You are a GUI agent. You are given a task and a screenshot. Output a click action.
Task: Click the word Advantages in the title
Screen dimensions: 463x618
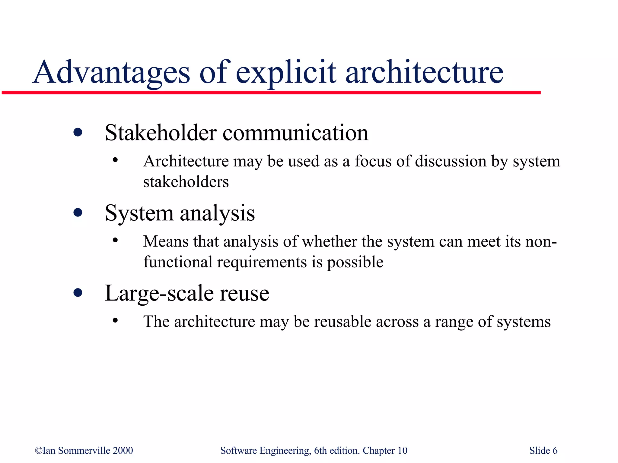pos(111,72)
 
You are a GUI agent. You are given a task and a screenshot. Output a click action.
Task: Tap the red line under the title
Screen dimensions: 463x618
pos(272,93)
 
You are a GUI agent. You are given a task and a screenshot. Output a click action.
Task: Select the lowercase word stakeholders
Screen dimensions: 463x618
pos(186,182)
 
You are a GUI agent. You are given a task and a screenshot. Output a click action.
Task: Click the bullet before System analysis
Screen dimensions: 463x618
pos(78,213)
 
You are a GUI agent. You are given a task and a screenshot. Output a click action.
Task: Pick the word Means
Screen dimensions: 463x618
pos(166,241)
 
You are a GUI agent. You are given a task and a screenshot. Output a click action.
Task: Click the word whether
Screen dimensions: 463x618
pos(330,241)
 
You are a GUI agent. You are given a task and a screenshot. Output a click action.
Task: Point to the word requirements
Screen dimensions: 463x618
pos(262,262)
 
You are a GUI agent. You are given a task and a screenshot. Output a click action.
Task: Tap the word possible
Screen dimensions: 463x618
pos(355,262)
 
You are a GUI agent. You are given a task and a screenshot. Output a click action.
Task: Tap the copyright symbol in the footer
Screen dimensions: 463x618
pos(39,450)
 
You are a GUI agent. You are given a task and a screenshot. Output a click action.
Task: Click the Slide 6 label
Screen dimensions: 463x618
pos(543,450)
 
